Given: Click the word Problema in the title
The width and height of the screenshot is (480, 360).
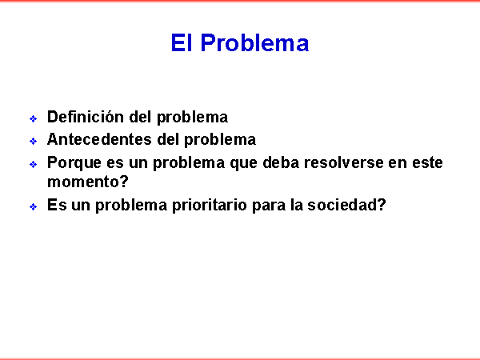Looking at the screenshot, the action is click(x=254, y=43).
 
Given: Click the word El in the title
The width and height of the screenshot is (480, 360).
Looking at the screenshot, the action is click(x=182, y=43).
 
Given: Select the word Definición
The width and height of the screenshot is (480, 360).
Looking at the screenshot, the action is click(x=86, y=117).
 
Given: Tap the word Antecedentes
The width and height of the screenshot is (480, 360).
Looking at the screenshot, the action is click(x=99, y=139).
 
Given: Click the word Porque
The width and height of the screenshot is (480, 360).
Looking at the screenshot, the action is click(x=74, y=163).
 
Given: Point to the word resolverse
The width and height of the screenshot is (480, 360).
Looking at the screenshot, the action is click(x=343, y=162).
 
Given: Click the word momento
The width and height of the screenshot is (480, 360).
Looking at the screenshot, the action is click(x=82, y=182).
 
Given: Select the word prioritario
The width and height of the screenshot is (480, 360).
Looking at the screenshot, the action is click(x=210, y=205).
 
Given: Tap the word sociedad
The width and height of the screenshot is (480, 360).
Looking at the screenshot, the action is click(x=342, y=205).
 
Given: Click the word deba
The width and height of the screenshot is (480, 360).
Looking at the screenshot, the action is click(x=281, y=162).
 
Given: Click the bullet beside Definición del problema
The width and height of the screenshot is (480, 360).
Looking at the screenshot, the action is click(x=34, y=118).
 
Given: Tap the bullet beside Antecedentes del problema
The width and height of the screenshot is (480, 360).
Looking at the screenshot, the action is click(x=34, y=141).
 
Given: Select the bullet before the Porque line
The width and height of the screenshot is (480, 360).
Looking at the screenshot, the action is click(x=34, y=164).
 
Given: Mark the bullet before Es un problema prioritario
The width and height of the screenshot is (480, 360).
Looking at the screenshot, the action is click(x=34, y=206).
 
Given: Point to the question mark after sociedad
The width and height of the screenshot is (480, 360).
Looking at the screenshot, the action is click(x=382, y=205).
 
